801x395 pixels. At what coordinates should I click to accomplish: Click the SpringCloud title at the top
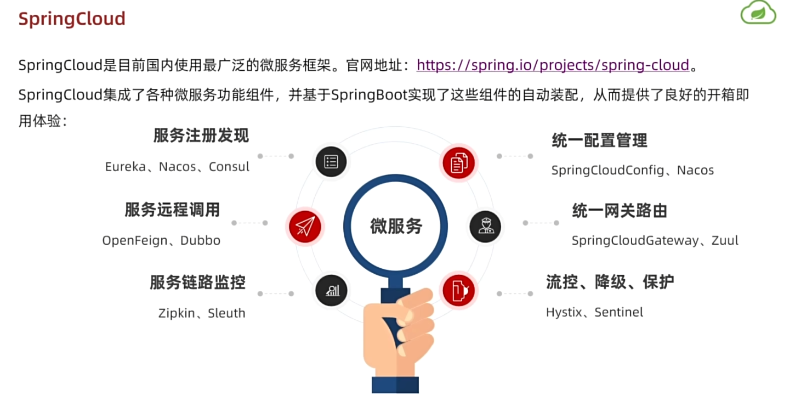(72, 19)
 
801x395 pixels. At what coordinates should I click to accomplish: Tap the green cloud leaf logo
(758, 13)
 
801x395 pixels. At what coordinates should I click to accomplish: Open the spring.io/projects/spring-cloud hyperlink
(553, 65)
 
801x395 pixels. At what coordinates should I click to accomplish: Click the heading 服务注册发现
(201, 136)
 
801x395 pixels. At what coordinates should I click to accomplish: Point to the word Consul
(229, 167)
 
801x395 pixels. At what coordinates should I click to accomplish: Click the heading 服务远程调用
(172, 210)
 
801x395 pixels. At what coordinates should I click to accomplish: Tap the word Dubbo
(200, 240)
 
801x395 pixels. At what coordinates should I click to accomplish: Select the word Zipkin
(177, 313)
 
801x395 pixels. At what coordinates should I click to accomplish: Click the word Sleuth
(226, 313)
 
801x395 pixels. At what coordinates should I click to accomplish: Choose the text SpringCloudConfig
(607, 170)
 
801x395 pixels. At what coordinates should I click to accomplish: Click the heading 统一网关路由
(620, 211)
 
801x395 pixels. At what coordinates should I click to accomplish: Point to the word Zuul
(725, 240)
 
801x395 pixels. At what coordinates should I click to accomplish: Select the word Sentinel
(618, 313)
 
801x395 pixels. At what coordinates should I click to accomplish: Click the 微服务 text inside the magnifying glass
(396, 225)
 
